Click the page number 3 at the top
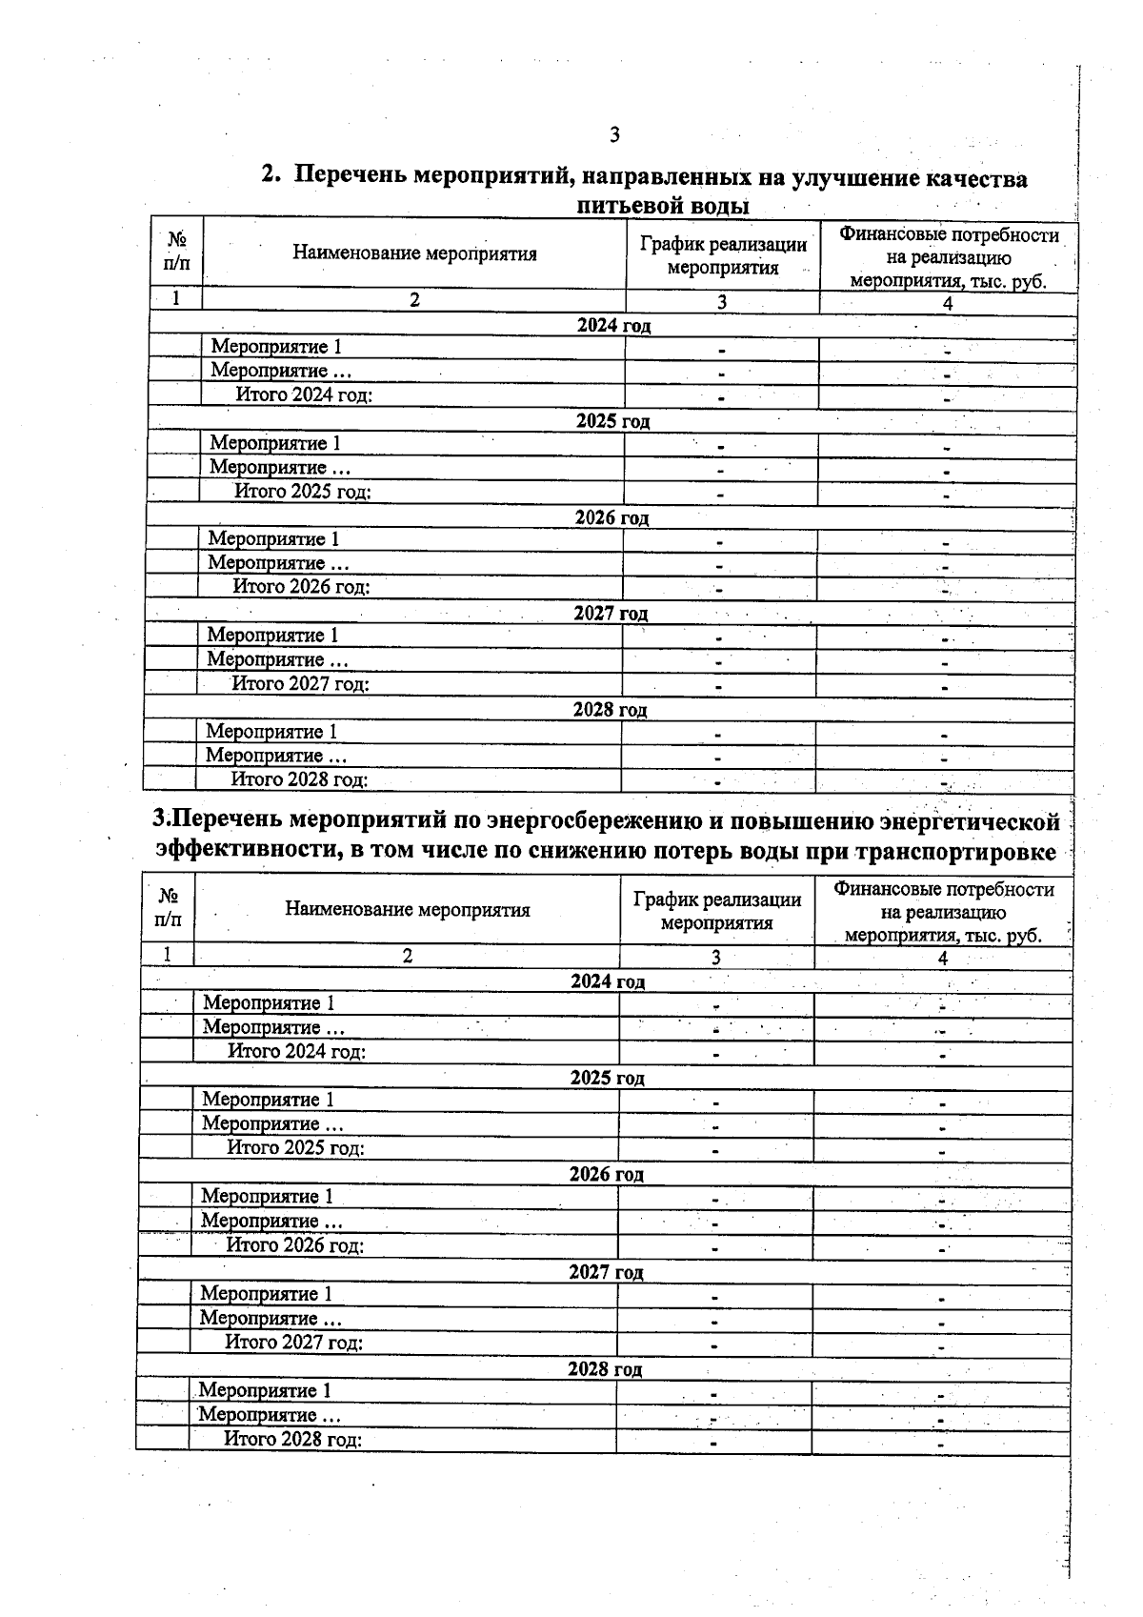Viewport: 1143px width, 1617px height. coord(614,134)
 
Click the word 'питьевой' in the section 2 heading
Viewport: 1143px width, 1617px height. coord(631,206)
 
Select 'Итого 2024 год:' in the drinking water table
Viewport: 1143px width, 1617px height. coord(304,395)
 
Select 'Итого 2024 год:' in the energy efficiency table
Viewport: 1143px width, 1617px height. coord(296,1051)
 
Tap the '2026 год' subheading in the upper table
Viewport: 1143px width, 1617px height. coord(612,517)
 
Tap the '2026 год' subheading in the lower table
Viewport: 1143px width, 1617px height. coord(607,1174)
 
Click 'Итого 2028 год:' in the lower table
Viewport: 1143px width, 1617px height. coord(292,1439)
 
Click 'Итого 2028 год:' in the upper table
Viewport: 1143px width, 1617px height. coord(299,779)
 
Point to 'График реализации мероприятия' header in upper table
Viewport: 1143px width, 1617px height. coord(723,256)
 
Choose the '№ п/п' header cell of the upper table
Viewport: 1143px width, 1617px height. coord(176,252)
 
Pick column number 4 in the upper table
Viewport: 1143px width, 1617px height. coord(947,303)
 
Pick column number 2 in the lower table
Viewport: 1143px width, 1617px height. coord(407,956)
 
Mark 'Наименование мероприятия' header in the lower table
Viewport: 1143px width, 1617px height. coord(407,909)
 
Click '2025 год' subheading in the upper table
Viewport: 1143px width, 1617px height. coord(612,421)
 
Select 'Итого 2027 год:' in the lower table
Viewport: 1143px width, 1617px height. coord(293,1343)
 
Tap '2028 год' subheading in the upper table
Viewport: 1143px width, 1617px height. coord(610,710)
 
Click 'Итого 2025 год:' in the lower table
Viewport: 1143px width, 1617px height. coord(295,1147)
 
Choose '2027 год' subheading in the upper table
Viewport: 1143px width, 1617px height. coord(611,614)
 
